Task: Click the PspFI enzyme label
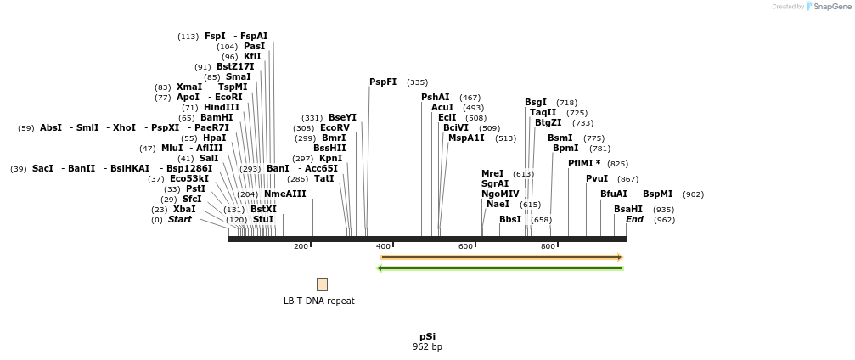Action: (383, 82)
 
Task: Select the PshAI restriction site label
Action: (436, 98)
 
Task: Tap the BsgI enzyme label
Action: (536, 103)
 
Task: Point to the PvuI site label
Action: (597, 179)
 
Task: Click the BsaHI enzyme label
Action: (628, 210)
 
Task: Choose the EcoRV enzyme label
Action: (335, 128)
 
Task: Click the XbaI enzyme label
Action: (184, 210)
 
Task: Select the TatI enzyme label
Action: (324, 179)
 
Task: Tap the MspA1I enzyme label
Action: (466, 138)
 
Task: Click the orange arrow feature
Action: (502, 257)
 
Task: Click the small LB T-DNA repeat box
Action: (322, 285)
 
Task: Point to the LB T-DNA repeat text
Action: (319, 301)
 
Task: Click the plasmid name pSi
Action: (427, 336)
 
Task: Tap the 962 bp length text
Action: (427, 347)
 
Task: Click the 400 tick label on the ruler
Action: (383, 247)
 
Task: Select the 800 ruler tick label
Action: (548, 247)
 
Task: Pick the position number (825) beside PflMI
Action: (617, 164)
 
